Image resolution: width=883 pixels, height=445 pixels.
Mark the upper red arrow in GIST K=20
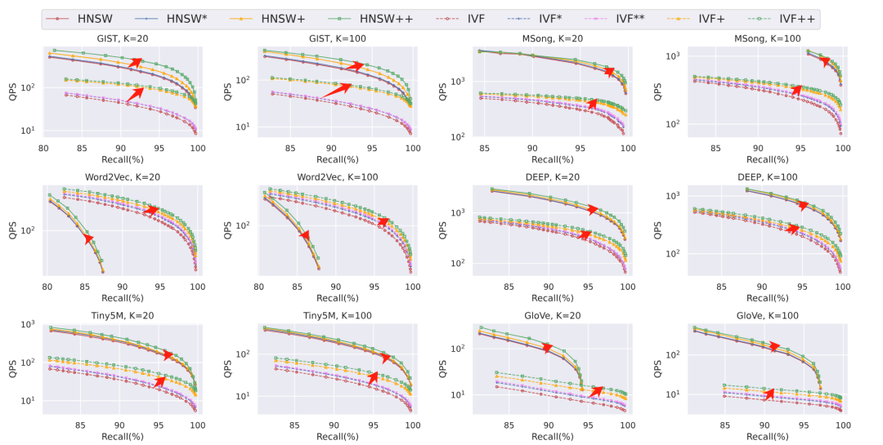134,64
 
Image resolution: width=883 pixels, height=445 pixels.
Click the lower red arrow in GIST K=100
336,90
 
